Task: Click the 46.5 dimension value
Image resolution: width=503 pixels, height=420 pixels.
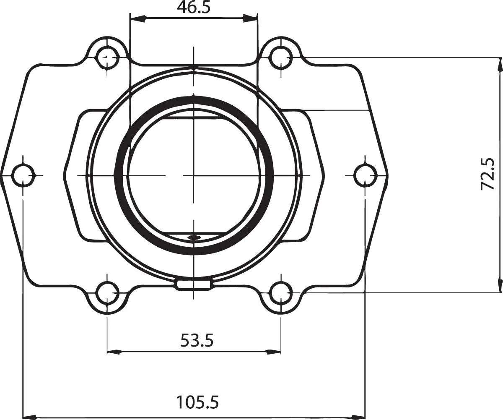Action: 193,8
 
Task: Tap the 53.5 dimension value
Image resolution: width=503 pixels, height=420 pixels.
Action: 197,340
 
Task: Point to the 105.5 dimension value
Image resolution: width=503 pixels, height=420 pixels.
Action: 197,402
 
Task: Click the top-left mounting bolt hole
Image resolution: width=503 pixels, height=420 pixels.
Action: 108,55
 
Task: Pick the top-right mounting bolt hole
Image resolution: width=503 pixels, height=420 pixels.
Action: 280,55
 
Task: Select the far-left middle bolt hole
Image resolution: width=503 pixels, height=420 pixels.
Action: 23,175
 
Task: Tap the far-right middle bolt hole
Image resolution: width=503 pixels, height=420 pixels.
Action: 365,175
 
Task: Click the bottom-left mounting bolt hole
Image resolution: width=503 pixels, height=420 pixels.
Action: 108,292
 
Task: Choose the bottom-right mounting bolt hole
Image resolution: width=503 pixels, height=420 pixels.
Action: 280,292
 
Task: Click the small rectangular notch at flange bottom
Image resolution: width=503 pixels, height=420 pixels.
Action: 193,284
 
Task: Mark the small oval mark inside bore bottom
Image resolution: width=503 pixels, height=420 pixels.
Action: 193,237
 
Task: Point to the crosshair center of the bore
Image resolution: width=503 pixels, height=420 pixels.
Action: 193,175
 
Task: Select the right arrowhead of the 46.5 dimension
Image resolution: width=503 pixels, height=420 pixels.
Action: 250,18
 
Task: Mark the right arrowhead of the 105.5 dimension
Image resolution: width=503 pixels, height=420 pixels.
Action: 358,417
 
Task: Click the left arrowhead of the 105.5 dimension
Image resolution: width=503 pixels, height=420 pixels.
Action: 29,417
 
